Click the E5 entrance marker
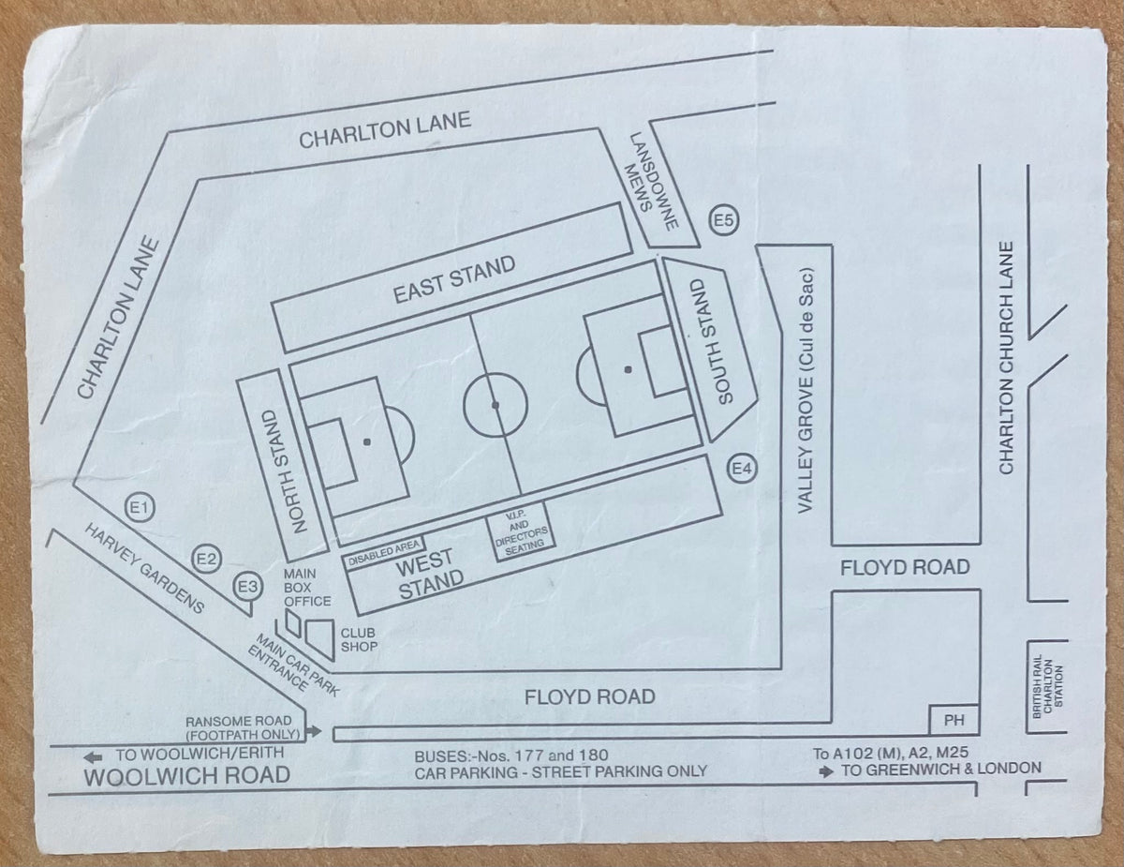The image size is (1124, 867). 724,221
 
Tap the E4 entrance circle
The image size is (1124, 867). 742,469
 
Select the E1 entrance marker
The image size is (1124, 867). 140,508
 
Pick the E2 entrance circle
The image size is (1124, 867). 206,559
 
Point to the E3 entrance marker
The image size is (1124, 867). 248,587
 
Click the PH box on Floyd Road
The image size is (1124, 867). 954,720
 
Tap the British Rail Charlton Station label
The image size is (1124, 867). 1048,686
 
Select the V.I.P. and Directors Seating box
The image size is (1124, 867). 522,531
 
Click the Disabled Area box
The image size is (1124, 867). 384,553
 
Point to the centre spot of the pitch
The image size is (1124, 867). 495,405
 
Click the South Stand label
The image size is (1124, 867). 712,341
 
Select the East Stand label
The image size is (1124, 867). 454,279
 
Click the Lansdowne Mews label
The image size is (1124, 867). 652,181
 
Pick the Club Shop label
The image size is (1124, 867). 359,640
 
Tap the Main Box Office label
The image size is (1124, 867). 307,588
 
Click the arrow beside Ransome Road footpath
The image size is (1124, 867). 314,731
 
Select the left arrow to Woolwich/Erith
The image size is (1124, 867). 93,757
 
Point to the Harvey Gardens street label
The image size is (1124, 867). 144,568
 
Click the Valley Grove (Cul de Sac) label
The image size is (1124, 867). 806,390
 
